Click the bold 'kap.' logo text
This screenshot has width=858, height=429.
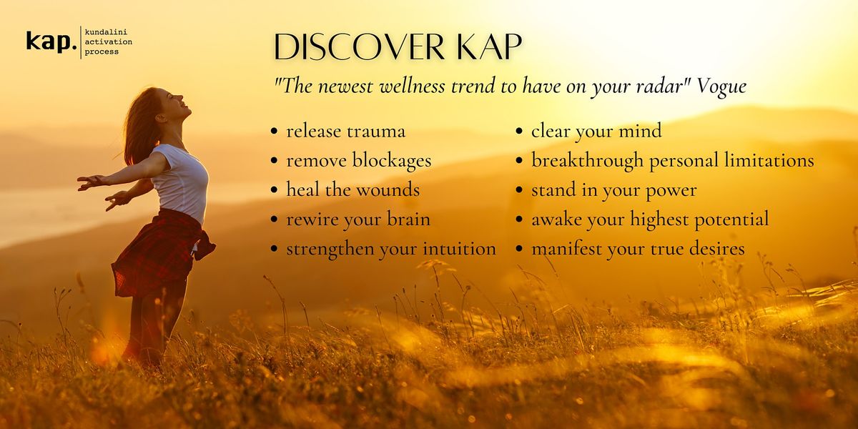tap(51, 41)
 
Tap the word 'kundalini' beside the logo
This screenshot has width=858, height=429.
tap(106, 31)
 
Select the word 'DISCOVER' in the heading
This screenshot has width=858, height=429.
tap(359, 46)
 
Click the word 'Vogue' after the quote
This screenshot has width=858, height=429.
tap(721, 87)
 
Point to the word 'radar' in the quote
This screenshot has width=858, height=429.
tap(658, 87)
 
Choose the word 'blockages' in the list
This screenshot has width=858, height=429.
tap(392, 161)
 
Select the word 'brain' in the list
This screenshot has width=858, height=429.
tap(408, 219)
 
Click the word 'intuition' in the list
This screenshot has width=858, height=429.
tap(459, 249)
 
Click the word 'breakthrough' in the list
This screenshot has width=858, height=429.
tap(587, 161)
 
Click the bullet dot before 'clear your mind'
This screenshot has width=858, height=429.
tap(519, 131)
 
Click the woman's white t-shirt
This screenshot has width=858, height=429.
tap(183, 181)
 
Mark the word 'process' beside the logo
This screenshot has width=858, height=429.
tap(102, 52)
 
